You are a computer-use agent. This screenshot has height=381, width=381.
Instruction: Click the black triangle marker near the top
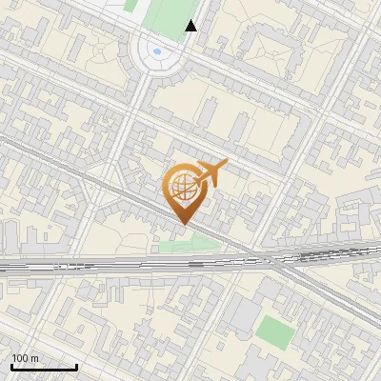191,26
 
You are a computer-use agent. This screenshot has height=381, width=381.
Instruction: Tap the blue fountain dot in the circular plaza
157,51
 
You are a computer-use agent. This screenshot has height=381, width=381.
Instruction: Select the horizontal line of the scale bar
44,367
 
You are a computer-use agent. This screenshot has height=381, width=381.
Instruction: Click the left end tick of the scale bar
11,365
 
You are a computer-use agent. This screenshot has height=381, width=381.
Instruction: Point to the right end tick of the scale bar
76,365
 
